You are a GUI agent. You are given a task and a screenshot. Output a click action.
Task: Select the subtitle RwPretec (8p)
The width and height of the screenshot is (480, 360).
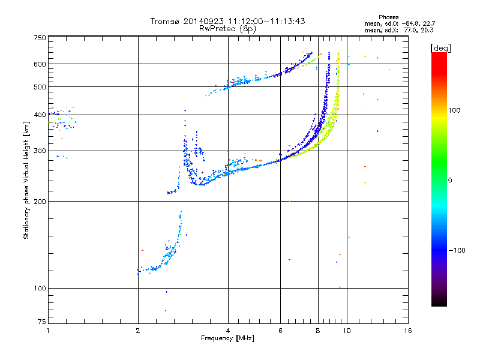point(228,28)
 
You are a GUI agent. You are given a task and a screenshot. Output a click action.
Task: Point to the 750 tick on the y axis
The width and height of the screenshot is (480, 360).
point(40,38)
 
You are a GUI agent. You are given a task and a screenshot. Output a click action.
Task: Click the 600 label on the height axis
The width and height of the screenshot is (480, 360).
point(40,64)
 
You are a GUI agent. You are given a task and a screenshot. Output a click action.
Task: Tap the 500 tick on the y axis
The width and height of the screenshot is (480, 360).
point(40,87)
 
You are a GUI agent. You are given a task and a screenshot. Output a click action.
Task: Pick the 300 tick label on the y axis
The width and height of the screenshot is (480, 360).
point(40,151)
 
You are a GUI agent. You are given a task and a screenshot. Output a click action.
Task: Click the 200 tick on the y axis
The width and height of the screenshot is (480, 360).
point(40,202)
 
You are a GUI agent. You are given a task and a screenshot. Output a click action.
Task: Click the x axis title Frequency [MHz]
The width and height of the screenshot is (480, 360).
point(227,338)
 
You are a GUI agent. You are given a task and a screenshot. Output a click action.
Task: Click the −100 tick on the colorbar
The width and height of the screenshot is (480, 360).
point(459,250)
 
